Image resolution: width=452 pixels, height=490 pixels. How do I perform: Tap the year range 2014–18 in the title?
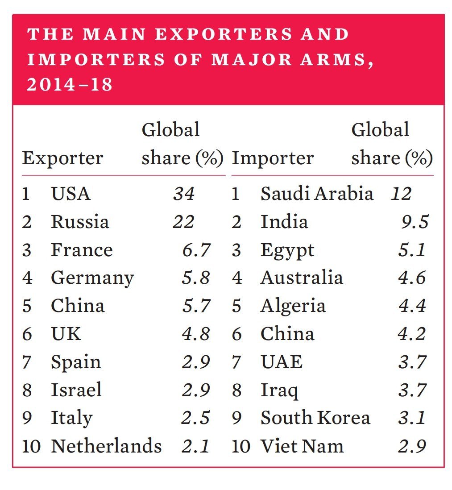tap(70, 84)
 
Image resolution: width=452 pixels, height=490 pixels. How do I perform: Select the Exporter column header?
tap(62, 158)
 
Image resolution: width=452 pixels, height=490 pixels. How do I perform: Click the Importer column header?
tap(273, 158)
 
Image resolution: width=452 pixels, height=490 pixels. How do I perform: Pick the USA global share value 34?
tap(183, 194)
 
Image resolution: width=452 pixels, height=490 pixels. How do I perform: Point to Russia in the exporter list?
tap(79, 222)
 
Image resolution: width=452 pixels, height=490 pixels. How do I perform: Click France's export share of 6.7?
tap(196, 250)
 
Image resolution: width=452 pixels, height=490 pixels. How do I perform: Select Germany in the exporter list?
tap(92, 278)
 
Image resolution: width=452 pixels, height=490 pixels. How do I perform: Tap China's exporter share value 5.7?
tap(196, 306)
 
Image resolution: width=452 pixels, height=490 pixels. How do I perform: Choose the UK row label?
tap(66, 334)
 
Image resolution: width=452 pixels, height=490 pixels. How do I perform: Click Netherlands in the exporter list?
tap(106, 446)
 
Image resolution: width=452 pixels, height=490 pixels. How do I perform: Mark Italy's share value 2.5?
tap(196, 418)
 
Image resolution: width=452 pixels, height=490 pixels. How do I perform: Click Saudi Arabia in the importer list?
tap(317, 194)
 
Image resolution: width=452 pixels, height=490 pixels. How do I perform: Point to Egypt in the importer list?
tap(287, 251)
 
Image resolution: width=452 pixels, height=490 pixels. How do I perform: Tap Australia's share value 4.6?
tap(412, 278)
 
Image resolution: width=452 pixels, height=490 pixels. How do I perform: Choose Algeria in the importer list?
tap(293, 307)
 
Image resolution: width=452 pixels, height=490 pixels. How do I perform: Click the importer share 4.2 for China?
tap(412, 334)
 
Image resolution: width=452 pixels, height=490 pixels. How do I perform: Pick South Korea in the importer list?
tap(315, 418)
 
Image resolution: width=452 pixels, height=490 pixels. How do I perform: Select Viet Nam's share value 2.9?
tap(412, 446)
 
